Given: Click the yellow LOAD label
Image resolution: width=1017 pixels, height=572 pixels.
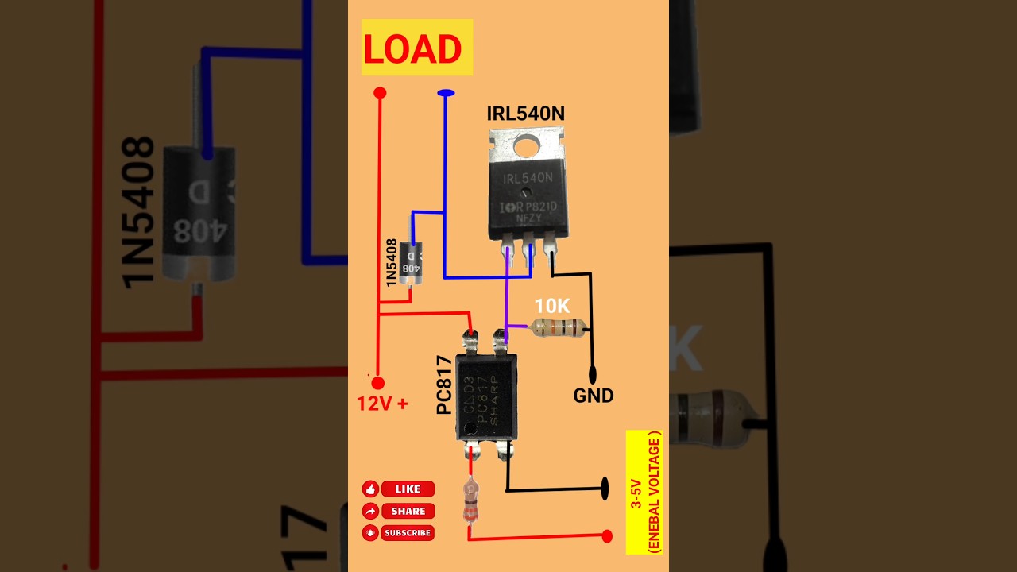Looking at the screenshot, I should (416, 48).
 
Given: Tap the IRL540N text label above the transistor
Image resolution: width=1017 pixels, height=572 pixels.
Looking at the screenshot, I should (525, 114).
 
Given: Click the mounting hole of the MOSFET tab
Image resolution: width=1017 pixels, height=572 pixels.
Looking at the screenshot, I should (526, 145).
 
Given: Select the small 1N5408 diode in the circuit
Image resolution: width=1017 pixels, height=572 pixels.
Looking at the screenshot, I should (410, 261).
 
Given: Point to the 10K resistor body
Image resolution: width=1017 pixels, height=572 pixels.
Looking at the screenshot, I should (559, 327).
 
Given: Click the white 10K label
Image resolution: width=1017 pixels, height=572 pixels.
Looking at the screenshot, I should (552, 306).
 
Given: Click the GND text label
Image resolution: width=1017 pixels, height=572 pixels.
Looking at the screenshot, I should (594, 396).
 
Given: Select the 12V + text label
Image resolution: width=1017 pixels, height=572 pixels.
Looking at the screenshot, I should (382, 404).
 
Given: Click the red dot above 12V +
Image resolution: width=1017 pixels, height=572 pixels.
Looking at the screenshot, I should (378, 383).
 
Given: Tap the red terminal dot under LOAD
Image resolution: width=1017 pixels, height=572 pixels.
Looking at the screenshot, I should (380, 93).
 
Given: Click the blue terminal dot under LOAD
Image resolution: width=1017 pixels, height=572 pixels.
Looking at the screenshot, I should (446, 93).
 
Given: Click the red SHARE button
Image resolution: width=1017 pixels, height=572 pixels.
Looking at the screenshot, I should (408, 511).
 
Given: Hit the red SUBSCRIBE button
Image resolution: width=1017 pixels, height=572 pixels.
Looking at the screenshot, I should (408, 533).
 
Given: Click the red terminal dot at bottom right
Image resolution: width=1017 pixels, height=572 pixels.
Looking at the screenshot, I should (607, 536).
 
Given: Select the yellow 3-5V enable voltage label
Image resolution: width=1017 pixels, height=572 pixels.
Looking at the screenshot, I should (644, 493).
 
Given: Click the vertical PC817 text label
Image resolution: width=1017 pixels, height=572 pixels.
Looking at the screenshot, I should (445, 385).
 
